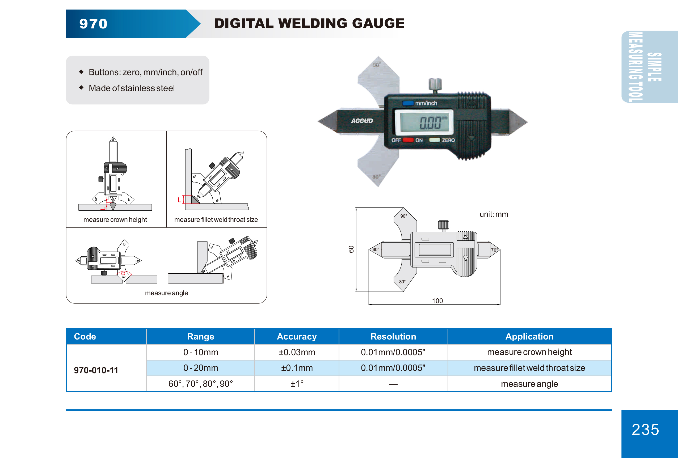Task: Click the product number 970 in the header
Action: tap(93, 24)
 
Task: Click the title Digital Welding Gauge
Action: tap(309, 23)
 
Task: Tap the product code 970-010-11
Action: tap(96, 370)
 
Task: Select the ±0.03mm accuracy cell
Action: tap(297, 352)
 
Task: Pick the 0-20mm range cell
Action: tap(200, 368)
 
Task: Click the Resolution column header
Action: tap(393, 336)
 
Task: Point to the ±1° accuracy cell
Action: tap(297, 384)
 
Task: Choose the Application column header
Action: tap(529, 336)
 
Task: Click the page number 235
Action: tap(645, 429)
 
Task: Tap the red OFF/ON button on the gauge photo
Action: tap(408, 140)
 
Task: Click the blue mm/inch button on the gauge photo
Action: tap(408, 103)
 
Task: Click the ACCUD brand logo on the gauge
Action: tap(362, 121)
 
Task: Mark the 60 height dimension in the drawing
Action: tap(351, 249)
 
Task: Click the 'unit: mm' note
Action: tap(494, 214)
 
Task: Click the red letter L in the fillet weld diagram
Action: tap(179, 200)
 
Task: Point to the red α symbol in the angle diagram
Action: tap(123, 273)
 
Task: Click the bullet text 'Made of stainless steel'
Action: tap(132, 88)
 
